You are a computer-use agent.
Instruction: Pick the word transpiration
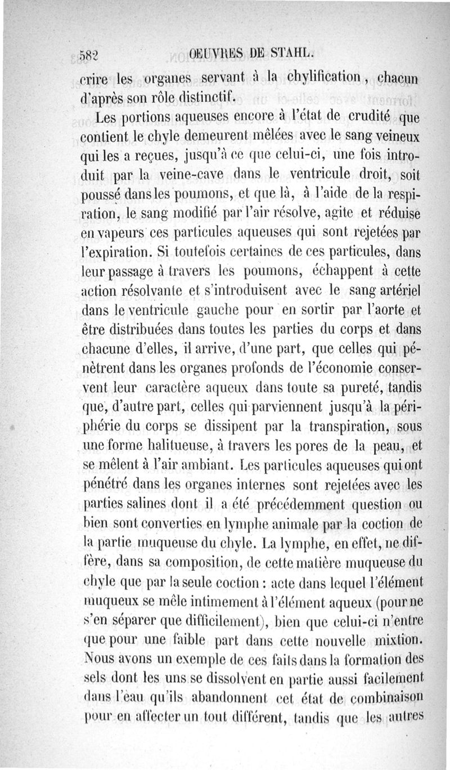[x=336, y=426]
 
